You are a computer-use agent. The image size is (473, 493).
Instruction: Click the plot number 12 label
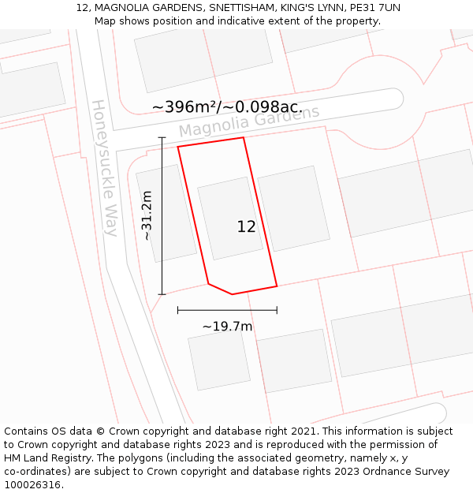(x=246, y=227)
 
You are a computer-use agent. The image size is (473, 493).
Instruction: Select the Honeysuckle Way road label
(x=105, y=167)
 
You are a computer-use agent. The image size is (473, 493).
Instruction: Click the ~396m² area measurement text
(x=227, y=106)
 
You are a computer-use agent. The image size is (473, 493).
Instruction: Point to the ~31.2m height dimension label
(x=147, y=215)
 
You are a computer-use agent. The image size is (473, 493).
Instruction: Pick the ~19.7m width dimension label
(x=227, y=326)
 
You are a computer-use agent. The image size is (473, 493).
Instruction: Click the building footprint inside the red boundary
(x=229, y=217)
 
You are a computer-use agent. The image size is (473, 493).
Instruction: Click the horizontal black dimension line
(x=227, y=310)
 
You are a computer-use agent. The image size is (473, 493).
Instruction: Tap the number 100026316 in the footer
(x=32, y=485)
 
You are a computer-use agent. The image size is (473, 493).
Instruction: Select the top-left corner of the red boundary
(x=178, y=147)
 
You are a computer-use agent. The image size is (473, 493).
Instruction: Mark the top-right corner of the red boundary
(x=243, y=138)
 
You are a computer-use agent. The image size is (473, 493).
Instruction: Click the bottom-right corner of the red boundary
(x=277, y=286)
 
